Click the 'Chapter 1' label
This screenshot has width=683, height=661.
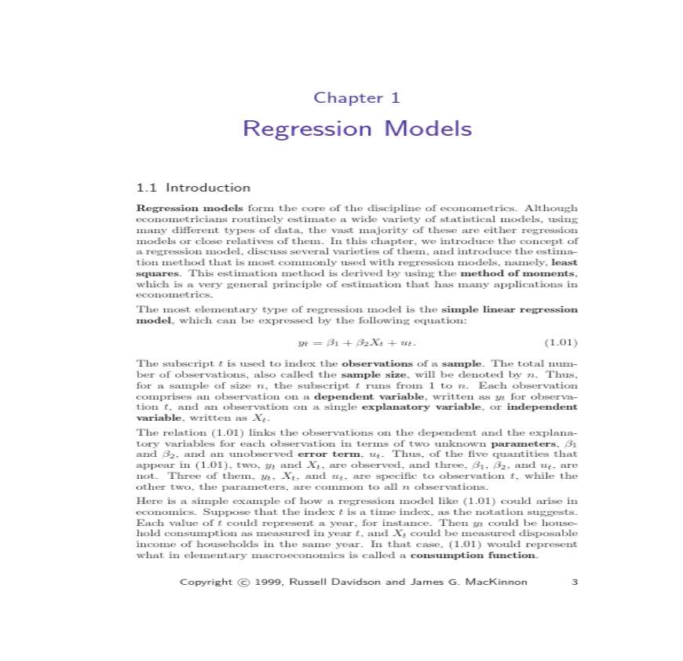[x=357, y=98]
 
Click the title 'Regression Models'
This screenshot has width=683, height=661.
[x=357, y=129]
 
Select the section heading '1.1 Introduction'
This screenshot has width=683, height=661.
[x=193, y=188]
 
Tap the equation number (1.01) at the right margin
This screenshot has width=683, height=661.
[x=561, y=343]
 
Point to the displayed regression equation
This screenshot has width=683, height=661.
[x=357, y=343]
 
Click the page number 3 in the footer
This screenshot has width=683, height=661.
[x=575, y=582]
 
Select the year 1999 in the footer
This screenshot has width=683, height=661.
[x=270, y=582]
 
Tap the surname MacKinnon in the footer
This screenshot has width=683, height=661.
[x=497, y=582]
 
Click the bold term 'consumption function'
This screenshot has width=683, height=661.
[x=474, y=556]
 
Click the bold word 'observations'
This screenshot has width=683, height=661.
[x=377, y=363]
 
